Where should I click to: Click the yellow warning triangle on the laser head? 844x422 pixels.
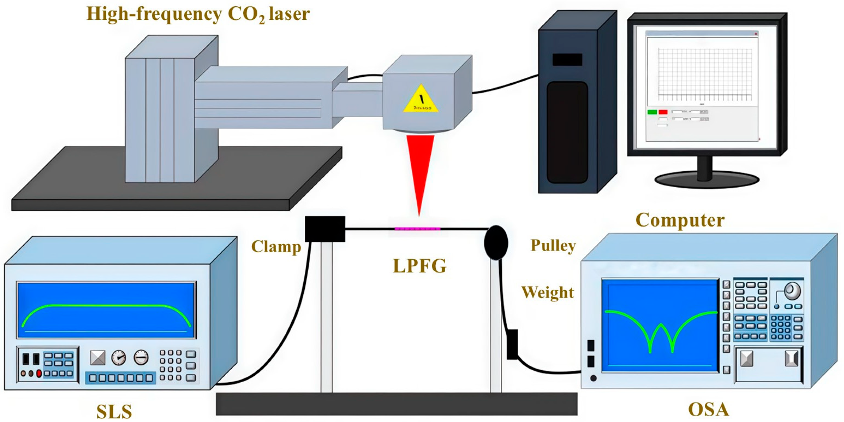coord(421,100)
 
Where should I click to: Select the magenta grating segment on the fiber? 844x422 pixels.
coord(417,229)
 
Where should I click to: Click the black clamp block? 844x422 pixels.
coord(325,229)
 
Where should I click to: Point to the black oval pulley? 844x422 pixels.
coord(496,243)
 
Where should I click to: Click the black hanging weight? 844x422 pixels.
coord(512,345)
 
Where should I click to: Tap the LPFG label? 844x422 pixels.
coord(419,266)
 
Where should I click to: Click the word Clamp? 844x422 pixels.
coord(276,247)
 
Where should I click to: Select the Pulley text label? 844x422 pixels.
coord(553,246)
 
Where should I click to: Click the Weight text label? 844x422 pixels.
coord(547,293)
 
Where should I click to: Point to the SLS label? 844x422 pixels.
coord(114,411)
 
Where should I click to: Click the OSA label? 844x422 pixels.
coord(708,410)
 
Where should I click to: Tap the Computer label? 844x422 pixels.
coord(680,220)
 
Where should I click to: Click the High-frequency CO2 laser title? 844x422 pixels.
coord(198,14)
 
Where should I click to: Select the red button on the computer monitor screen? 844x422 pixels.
coord(663,112)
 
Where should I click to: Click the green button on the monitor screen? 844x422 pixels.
coord(652,112)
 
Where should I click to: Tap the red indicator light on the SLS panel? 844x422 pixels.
coord(39,373)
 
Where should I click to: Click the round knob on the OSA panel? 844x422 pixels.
coord(792,290)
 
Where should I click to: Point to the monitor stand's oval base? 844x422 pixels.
coord(706,180)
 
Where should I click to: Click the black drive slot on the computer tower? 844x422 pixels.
coord(567,60)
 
